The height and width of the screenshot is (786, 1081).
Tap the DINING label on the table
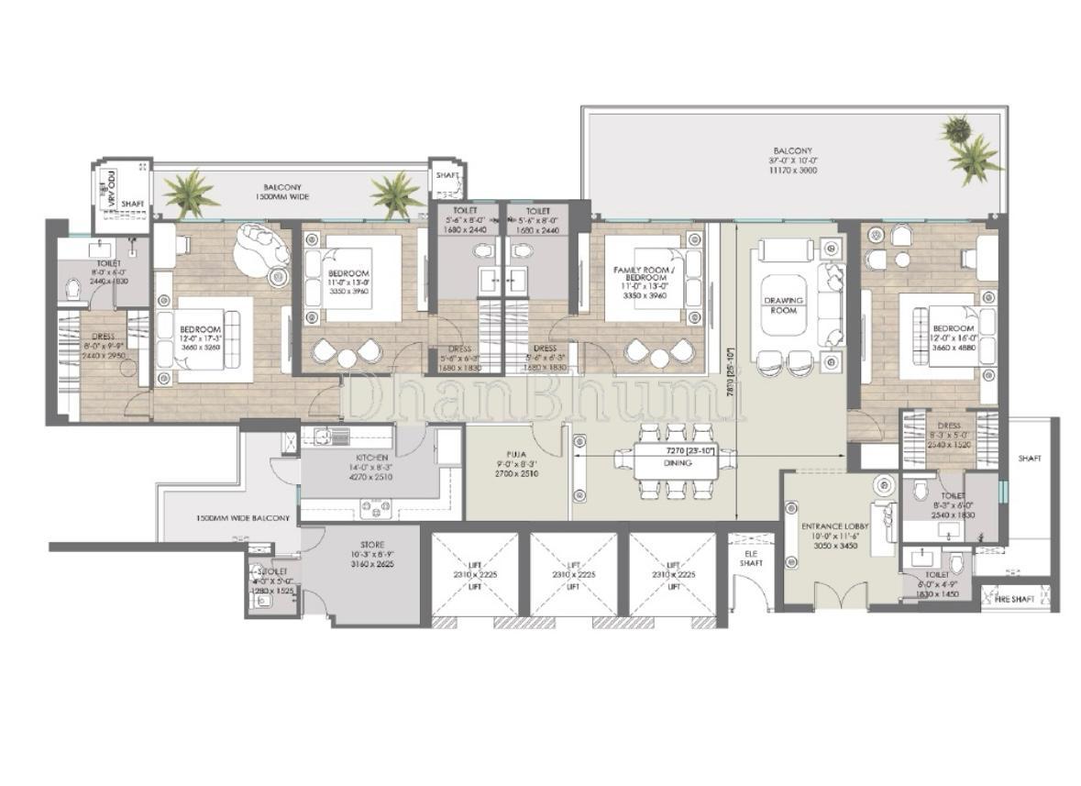[678, 463]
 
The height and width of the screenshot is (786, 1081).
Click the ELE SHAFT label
[751, 559]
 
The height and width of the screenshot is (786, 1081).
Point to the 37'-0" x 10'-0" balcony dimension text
[792, 161]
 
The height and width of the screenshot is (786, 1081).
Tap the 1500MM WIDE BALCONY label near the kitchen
[243, 518]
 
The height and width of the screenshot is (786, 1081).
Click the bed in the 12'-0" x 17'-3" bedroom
[202, 334]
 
